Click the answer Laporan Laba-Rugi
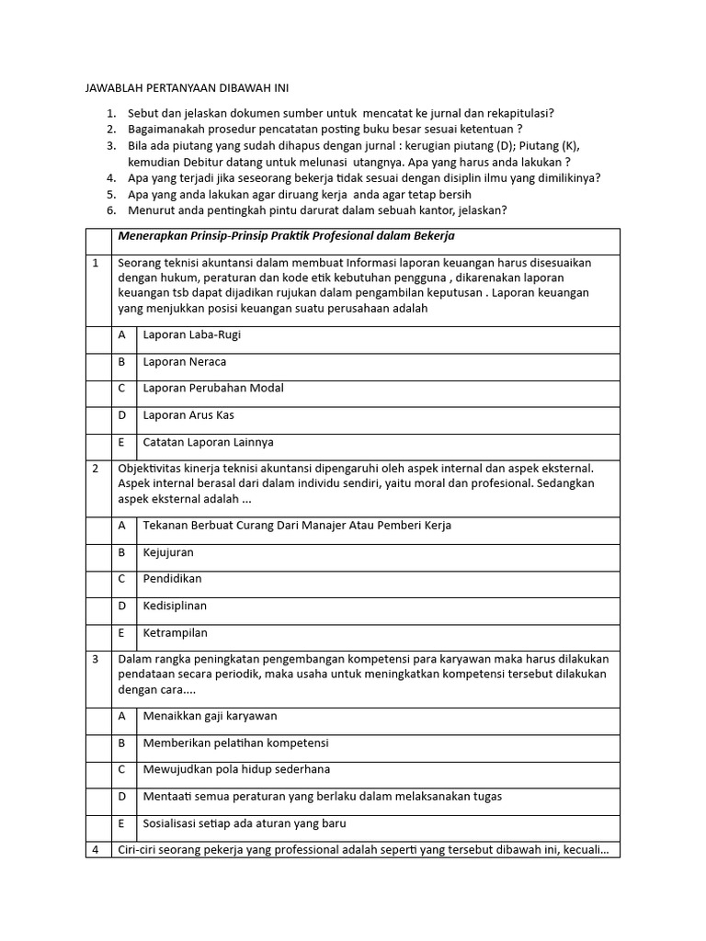coord(192,335)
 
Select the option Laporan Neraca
coord(185,362)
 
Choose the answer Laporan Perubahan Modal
coord(213,389)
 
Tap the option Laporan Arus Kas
coord(188,415)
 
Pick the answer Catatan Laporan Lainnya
coord(208,442)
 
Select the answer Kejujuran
coord(168,552)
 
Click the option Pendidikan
coord(172,579)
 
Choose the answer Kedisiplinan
coord(175,606)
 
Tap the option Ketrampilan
coord(175,632)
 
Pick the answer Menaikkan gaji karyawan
coord(210,716)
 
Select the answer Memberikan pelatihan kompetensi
coord(235,743)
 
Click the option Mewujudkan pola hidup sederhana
coord(236,769)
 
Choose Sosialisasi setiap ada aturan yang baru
coord(245,823)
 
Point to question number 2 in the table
coord(96,469)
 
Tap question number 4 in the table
coord(96,850)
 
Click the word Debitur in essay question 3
coord(194,162)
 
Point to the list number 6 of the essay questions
coord(111,210)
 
